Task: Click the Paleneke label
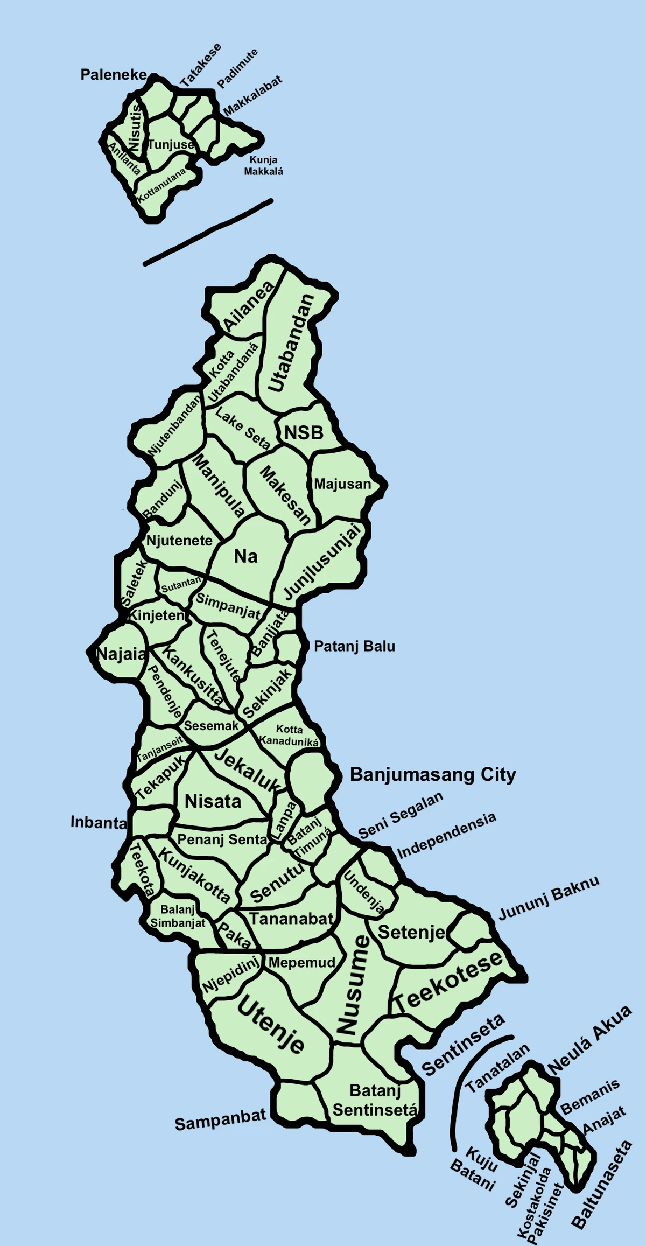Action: (x=114, y=74)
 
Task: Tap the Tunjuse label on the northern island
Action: (x=171, y=144)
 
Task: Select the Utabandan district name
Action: (x=291, y=344)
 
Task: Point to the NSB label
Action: (x=304, y=432)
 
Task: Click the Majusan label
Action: (x=342, y=484)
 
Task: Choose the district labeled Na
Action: (x=246, y=556)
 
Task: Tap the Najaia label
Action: (x=121, y=654)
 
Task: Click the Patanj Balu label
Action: (x=354, y=646)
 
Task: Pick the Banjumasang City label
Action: (x=433, y=774)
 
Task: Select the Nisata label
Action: (x=213, y=801)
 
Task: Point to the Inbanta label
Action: (x=99, y=822)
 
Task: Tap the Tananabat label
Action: (x=291, y=919)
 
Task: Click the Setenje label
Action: (x=412, y=932)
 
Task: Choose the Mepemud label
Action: (x=301, y=962)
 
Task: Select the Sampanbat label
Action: (x=220, y=1119)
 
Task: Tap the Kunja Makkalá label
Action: (x=263, y=165)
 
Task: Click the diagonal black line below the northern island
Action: (x=208, y=233)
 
